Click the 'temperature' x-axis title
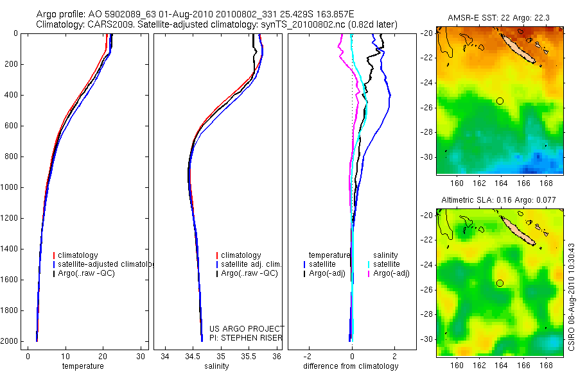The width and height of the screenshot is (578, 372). click(83, 366)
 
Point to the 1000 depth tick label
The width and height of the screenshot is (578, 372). click(10, 187)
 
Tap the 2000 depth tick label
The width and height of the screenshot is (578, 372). click(10, 341)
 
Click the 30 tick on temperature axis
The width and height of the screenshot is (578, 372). click(141, 356)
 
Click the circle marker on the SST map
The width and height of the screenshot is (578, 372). click(500, 101)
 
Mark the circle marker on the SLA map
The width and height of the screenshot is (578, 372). click(500, 283)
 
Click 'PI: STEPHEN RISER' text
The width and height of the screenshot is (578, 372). click(247, 338)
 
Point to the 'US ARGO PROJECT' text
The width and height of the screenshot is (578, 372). click(247, 329)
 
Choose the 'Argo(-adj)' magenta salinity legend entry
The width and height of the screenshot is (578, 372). click(391, 273)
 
